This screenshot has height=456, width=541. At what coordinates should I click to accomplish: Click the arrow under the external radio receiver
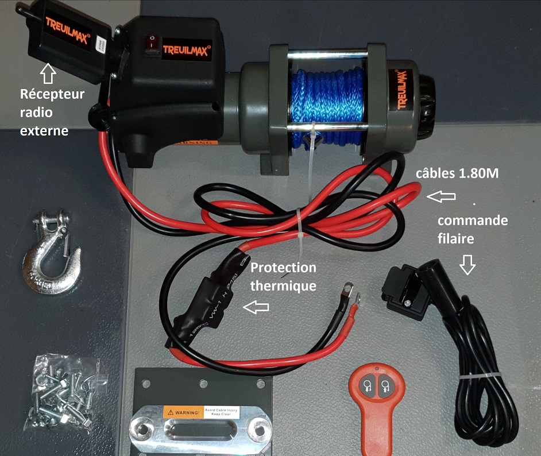point(48,73)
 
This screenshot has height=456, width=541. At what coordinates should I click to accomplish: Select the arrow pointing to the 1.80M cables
point(443,197)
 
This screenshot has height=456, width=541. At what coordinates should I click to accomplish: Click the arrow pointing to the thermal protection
point(256,308)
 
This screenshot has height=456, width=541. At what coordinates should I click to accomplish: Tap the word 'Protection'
point(284,268)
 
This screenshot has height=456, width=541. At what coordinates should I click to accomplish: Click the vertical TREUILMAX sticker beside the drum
point(403,89)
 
